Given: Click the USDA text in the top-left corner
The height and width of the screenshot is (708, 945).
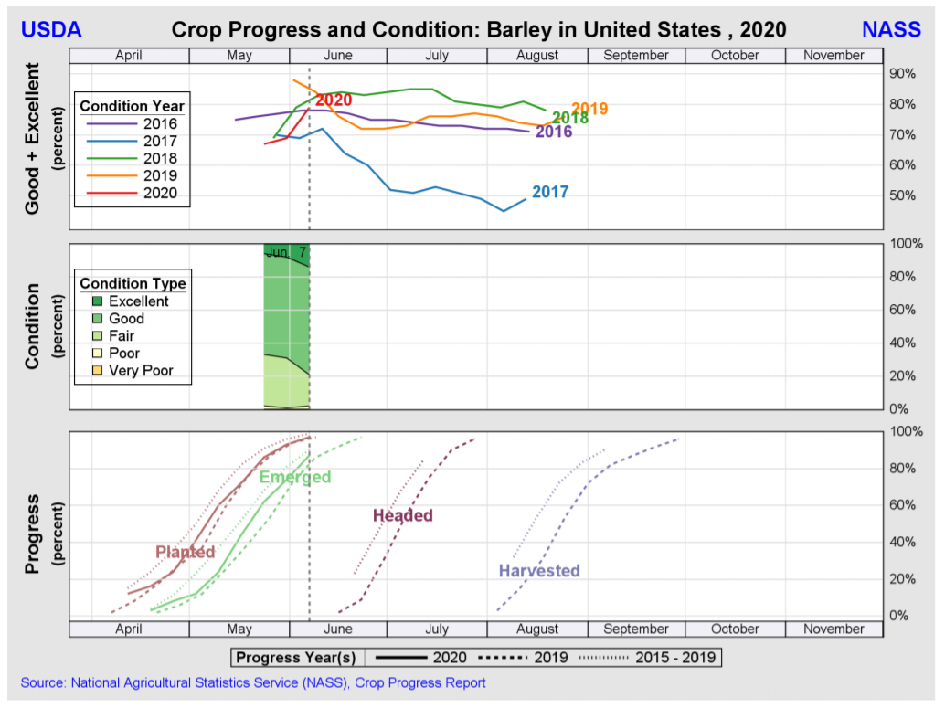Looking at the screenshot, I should [x=51, y=29].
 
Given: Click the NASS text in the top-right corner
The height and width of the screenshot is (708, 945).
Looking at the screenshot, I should [x=891, y=29].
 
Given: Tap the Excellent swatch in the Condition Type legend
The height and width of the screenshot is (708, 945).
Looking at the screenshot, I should [x=96, y=301].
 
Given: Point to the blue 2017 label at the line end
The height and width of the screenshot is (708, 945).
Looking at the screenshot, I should [x=550, y=193].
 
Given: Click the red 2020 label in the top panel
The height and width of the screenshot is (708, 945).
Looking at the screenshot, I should [x=334, y=100].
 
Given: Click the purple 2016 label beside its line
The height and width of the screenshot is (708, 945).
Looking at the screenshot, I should [x=554, y=132].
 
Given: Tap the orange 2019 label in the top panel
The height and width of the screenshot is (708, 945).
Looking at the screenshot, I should [x=589, y=110].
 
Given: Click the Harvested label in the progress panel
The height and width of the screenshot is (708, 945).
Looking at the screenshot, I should [x=539, y=571].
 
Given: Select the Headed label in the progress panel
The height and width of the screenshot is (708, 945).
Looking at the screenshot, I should [x=403, y=516].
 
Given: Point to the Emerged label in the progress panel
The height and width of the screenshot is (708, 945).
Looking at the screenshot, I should [x=295, y=477].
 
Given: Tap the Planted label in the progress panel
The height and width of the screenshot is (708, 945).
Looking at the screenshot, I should [x=186, y=552].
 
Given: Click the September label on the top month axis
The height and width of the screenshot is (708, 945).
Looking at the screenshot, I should [x=636, y=56].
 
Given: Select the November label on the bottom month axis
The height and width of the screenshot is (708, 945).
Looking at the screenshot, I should [x=834, y=629].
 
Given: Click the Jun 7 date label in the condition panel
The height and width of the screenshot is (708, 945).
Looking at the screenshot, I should [x=287, y=252].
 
